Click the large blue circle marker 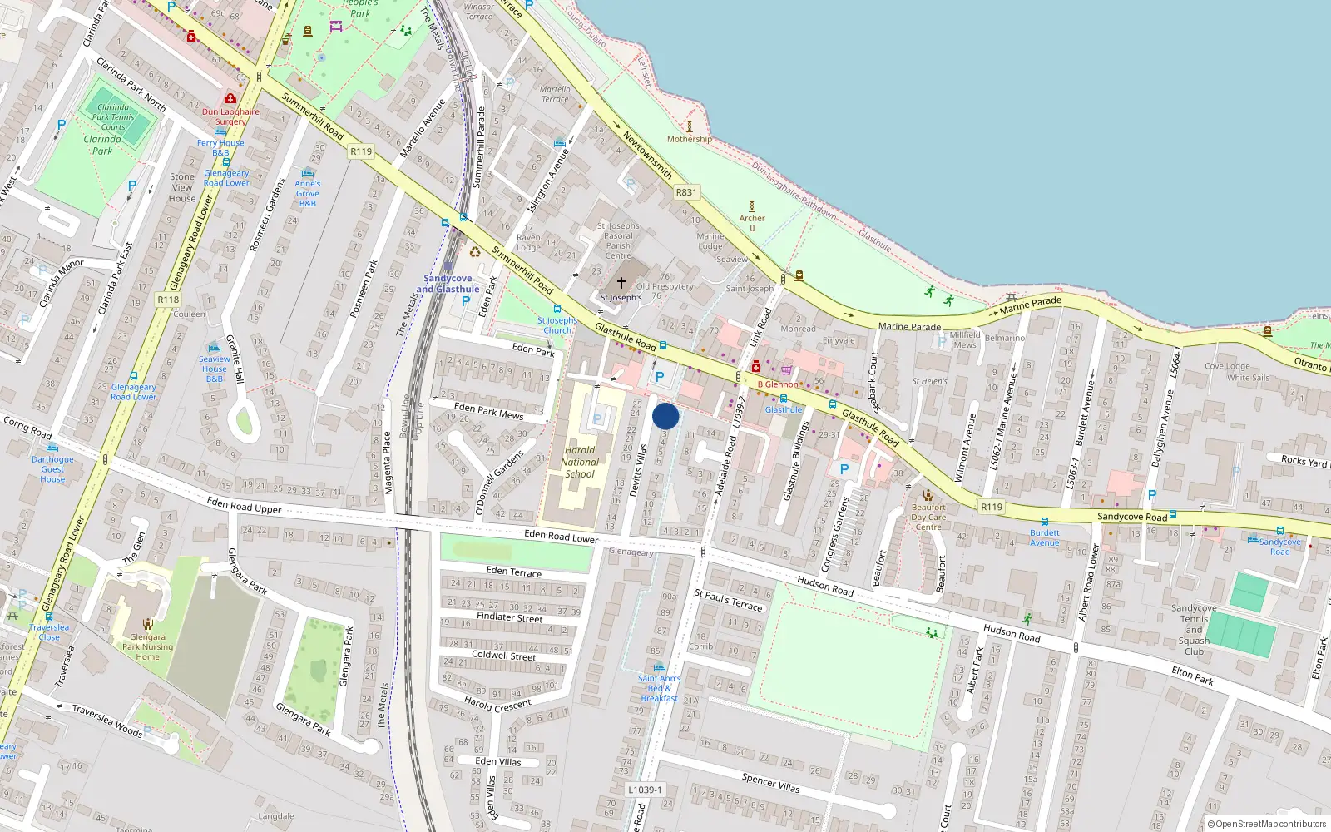point(665,416)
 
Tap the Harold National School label point(580,463)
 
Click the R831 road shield point(686,192)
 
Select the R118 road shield point(168,300)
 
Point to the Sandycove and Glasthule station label point(448,284)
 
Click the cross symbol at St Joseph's point(621,283)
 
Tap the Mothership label point(689,139)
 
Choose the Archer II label point(752,223)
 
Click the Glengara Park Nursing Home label point(147,647)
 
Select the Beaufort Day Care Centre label point(928,517)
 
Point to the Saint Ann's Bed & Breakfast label point(659,688)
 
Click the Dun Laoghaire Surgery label point(230,116)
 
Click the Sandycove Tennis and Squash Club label point(1194,630)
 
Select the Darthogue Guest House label point(52,469)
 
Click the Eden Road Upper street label point(244,506)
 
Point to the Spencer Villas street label point(770,782)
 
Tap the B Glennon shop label point(778,384)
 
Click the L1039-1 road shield point(645,790)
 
